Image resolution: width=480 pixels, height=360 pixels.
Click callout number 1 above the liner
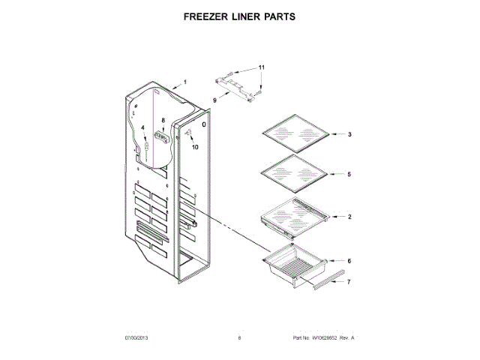pos(185,81)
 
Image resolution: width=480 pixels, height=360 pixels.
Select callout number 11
pos(262,68)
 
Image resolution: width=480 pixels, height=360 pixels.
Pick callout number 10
pos(196,148)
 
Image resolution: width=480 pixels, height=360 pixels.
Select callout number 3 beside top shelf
pos(349,135)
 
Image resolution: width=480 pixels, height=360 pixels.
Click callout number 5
pos(349,174)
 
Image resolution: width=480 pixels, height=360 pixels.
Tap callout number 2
pos(349,217)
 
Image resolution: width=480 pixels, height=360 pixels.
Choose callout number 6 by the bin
pos(349,261)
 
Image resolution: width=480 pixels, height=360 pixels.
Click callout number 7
pos(347,283)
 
